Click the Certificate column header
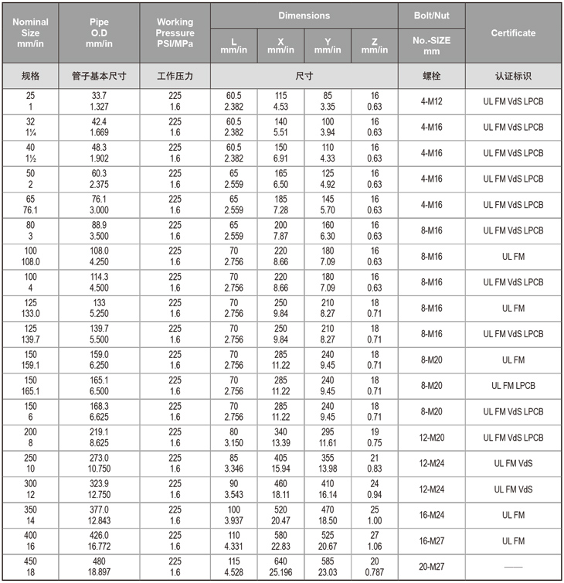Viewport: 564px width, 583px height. pyautogui.click(x=513, y=33)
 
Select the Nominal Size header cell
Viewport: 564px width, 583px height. pyautogui.click(x=30, y=33)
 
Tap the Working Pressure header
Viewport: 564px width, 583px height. pyautogui.click(x=175, y=33)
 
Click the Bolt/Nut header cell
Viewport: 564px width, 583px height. pyautogui.click(x=431, y=15)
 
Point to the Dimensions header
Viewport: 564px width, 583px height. pyautogui.click(x=304, y=15)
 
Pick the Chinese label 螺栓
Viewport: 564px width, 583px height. pyautogui.click(x=431, y=76)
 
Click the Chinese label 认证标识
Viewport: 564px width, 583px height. pyautogui.click(x=513, y=76)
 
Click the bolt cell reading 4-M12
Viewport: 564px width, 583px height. pyautogui.click(x=431, y=101)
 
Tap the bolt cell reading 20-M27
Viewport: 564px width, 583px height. pyautogui.click(x=431, y=567)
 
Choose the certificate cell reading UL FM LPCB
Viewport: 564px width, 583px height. pyautogui.click(x=513, y=386)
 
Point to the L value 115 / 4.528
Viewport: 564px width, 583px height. pyautogui.click(x=233, y=567)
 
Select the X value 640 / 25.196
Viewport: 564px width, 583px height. pyautogui.click(x=280, y=567)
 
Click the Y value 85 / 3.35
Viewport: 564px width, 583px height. pyautogui.click(x=328, y=101)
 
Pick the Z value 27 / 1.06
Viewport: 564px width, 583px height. pyautogui.click(x=375, y=540)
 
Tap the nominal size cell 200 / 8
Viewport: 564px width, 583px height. pyautogui.click(x=30, y=438)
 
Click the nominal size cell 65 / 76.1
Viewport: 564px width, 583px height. pyautogui.click(x=30, y=205)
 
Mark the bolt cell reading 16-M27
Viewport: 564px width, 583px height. pyautogui.click(x=431, y=540)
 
